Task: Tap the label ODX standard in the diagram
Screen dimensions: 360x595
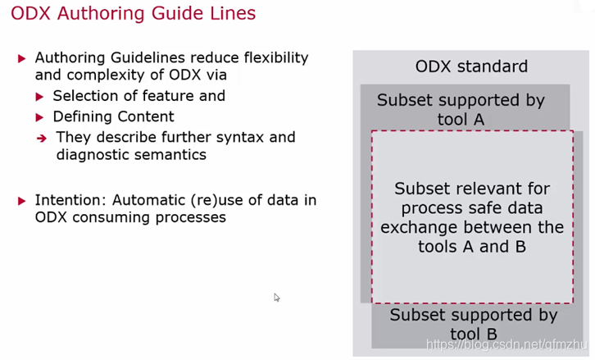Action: tap(471, 66)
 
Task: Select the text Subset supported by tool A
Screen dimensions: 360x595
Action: tap(460, 110)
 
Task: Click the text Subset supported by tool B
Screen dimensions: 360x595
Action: tap(473, 324)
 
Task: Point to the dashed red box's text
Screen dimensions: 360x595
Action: tap(471, 216)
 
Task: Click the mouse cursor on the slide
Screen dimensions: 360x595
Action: tap(276, 297)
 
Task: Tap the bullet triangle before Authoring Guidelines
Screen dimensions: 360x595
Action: tap(22, 59)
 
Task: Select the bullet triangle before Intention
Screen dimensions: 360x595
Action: tap(22, 200)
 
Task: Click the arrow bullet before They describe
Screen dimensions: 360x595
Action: tap(41, 138)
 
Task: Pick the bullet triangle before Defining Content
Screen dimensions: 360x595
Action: tap(40, 117)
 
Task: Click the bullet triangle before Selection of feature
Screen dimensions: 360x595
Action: tap(40, 97)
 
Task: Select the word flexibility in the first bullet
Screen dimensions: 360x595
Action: tap(272, 58)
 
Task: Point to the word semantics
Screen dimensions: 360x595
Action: tap(172, 154)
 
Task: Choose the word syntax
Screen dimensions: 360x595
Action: tap(228, 137)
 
